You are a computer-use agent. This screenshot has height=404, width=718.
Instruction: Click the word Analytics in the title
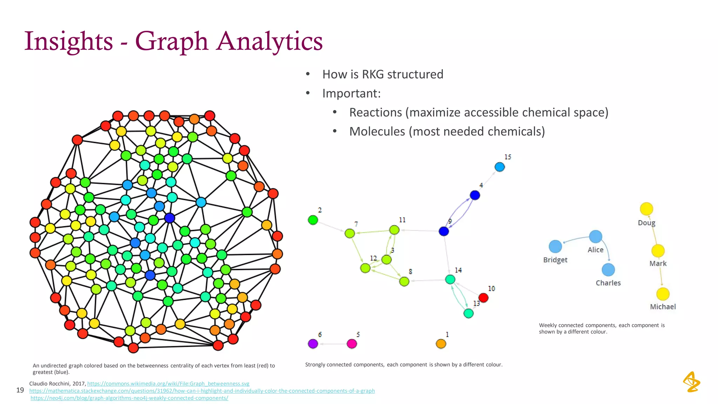tap(269, 41)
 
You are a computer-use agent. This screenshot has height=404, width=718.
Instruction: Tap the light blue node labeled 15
tap(500, 167)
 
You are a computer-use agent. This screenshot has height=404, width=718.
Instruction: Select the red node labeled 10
tap(483, 298)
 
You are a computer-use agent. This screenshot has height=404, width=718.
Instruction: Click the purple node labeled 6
tap(313, 344)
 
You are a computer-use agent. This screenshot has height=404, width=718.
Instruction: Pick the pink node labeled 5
tap(352, 344)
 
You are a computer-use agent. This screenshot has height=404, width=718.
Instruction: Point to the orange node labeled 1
tap(441, 344)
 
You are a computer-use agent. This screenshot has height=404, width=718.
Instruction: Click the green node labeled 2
tap(313, 220)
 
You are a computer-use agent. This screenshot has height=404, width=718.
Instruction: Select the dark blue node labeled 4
tap(475, 195)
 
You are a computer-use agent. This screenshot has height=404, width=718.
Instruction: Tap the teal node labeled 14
tap(450, 280)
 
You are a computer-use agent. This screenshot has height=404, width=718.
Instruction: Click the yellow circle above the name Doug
tap(646, 209)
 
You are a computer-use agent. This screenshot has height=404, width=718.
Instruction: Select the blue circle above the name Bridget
tap(555, 246)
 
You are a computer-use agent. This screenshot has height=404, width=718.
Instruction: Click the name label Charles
tap(608, 283)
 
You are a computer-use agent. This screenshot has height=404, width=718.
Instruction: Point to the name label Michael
tap(663, 307)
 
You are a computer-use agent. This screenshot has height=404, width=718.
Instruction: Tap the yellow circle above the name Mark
tap(658, 251)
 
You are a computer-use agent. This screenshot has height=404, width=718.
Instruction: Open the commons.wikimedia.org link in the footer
tap(168, 384)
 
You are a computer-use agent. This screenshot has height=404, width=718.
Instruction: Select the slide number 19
tap(20, 390)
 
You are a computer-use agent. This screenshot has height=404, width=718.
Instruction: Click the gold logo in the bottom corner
tap(691, 382)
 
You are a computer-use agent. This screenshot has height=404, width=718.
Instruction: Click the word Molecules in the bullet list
tap(377, 132)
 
